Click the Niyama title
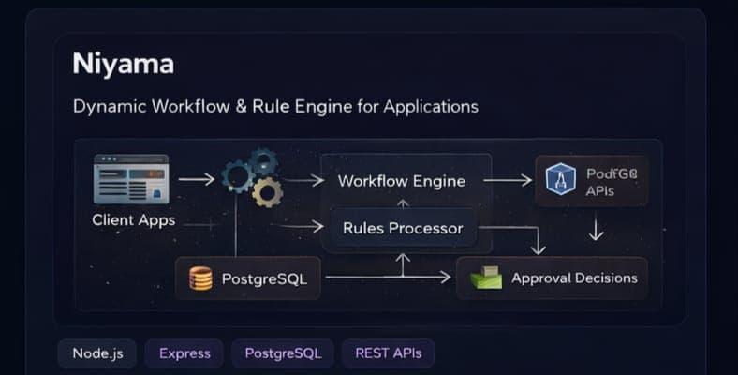(x=123, y=64)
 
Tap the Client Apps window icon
(x=131, y=179)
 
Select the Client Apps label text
(x=133, y=221)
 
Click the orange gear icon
(x=267, y=191)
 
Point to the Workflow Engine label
(x=401, y=181)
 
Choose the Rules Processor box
(x=403, y=228)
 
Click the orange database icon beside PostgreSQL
(x=200, y=278)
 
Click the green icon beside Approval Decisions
(x=486, y=277)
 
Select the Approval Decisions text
(x=574, y=277)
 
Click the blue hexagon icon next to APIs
(x=560, y=179)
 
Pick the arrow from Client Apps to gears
(x=196, y=178)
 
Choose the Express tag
(x=184, y=353)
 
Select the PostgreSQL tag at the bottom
(x=282, y=353)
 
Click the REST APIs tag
(x=388, y=353)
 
